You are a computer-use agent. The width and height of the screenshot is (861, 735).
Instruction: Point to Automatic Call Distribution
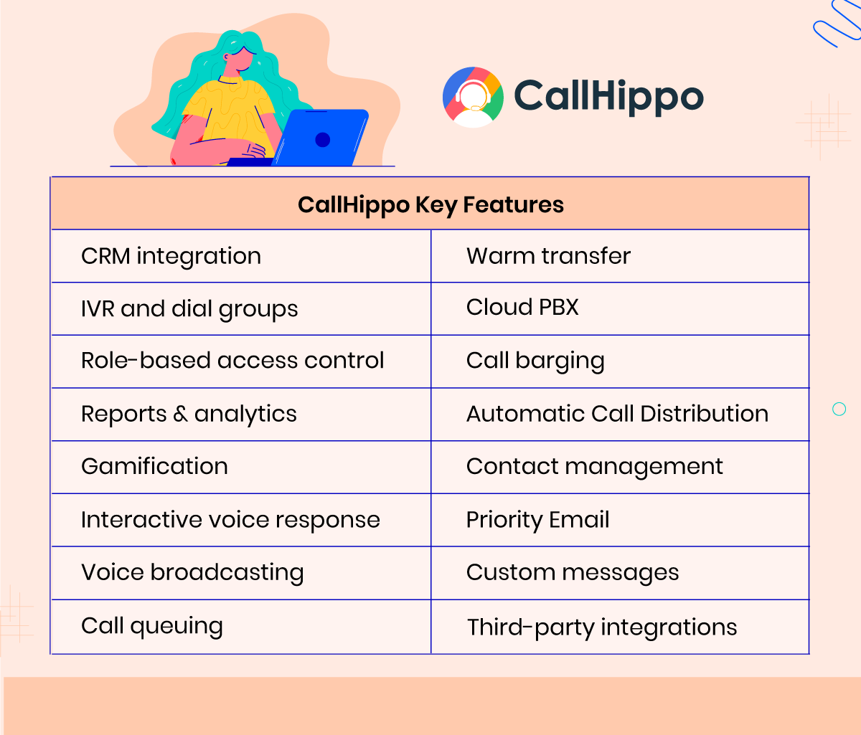617,414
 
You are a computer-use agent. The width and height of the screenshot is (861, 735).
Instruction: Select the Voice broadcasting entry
192,573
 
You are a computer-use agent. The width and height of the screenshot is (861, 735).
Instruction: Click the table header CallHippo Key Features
430,205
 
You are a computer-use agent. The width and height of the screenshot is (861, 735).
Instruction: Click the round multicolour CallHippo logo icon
473,97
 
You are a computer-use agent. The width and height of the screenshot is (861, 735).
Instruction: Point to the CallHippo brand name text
608,97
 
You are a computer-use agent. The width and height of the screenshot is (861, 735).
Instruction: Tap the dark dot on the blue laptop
322,140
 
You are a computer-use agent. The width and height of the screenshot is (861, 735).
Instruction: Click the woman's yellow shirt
229,113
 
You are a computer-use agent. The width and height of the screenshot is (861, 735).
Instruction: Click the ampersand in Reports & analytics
180,414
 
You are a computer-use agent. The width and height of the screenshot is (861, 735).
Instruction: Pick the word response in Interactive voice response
328,521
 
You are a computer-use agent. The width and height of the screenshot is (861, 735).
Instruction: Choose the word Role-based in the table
146,361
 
